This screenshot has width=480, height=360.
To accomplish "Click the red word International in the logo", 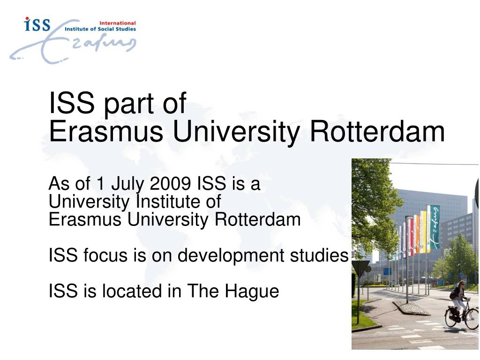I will pyautogui.click(x=118, y=22).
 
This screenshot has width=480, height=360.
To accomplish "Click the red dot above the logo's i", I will pyautogui.click(x=27, y=19).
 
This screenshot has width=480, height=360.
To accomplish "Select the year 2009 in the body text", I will pyautogui.click(x=171, y=184).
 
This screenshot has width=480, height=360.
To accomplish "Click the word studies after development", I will pyautogui.click(x=325, y=255).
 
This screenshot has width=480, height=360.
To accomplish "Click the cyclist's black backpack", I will pyautogui.click(x=454, y=293).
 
